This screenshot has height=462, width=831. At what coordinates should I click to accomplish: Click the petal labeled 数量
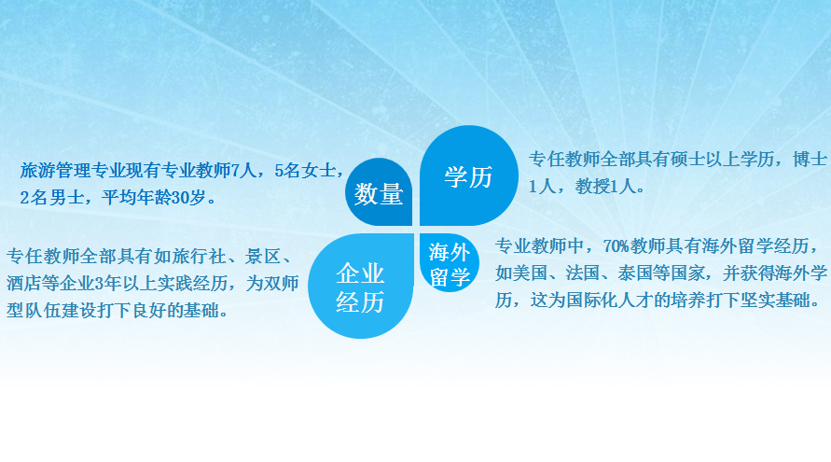[x=379, y=192]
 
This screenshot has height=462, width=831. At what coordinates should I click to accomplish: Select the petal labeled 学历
[x=468, y=175]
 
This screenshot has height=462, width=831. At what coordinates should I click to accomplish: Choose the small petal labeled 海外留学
[x=450, y=263]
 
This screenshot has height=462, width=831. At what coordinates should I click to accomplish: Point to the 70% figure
[x=616, y=246]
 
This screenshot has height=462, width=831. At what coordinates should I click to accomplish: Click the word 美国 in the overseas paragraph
[x=530, y=273]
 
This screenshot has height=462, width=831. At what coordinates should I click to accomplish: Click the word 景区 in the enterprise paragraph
[x=262, y=257]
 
